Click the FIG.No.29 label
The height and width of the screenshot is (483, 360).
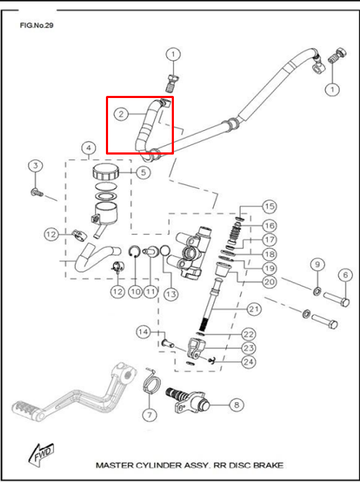37,26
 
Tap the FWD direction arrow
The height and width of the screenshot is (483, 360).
41,454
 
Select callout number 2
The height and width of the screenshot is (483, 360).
121,114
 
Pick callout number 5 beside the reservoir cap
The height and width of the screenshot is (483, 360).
143,172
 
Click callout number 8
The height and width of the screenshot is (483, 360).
236,405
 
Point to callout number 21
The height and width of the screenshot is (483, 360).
254,308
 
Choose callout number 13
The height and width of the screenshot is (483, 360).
171,294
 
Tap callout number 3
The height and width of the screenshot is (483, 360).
36,166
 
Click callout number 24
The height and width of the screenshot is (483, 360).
248,361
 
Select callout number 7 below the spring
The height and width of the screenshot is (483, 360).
150,415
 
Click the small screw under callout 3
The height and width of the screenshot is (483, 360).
37,192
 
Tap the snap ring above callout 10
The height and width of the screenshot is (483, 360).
135,251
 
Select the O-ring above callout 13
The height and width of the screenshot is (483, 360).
165,250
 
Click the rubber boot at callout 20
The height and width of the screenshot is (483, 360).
223,270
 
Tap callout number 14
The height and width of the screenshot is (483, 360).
143,332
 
